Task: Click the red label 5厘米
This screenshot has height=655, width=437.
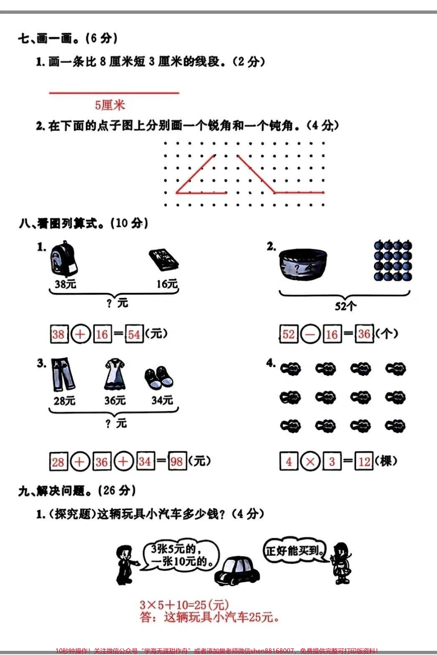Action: [x=110, y=105]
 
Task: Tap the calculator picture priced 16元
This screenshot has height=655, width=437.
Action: [x=164, y=260]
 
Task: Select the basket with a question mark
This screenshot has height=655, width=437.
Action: [x=303, y=265]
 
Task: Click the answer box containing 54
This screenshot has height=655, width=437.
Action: [x=134, y=334]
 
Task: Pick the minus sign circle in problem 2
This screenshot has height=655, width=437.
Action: [x=310, y=334]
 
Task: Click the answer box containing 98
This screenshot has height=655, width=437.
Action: [x=177, y=461]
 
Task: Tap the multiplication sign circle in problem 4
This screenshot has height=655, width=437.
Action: [x=310, y=461]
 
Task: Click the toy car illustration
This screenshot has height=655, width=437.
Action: [x=238, y=571]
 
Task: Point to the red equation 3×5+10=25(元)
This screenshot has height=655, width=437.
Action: [x=184, y=605]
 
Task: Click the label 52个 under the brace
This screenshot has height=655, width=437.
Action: [x=345, y=306]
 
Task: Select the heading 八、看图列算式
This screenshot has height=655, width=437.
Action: [x=83, y=223]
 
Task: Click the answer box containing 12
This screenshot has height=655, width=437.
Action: [x=364, y=461]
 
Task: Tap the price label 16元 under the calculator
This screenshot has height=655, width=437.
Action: [x=167, y=284]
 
